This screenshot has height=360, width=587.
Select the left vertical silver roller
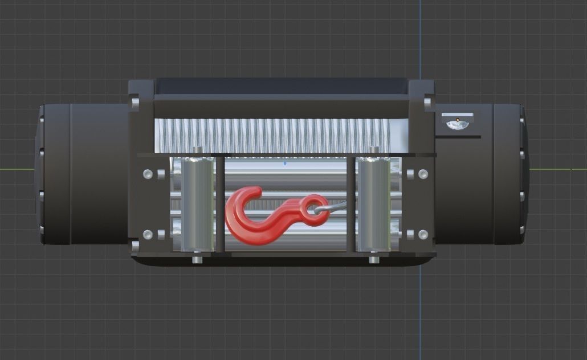pyautogui.click(x=197, y=204)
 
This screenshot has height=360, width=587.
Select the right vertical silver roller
pyautogui.click(x=373, y=204)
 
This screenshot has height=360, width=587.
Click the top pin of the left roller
pyautogui.click(x=197, y=150)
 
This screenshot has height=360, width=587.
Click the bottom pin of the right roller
pyautogui.click(x=374, y=259)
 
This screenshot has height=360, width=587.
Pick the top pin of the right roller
pyautogui.click(x=374, y=150)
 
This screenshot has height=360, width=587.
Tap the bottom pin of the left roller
pyautogui.click(x=197, y=259)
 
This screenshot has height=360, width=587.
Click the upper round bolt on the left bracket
pyautogui.click(x=148, y=174)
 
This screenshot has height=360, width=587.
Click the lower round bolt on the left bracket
pyautogui.click(x=148, y=234)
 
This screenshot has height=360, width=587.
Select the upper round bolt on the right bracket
pyautogui.click(x=423, y=174)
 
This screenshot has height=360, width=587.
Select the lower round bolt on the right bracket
pyautogui.click(x=423, y=234)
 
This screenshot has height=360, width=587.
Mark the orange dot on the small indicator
pyautogui.click(x=457, y=120)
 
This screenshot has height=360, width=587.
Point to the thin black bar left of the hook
pyautogui.click(x=219, y=204)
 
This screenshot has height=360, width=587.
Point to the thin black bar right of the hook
pyautogui.click(x=350, y=204)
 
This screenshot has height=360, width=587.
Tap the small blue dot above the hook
pyautogui.click(x=285, y=163)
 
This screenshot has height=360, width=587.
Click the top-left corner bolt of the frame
pyautogui.click(x=135, y=103)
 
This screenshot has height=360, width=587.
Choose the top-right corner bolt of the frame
pyautogui.click(x=427, y=103)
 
